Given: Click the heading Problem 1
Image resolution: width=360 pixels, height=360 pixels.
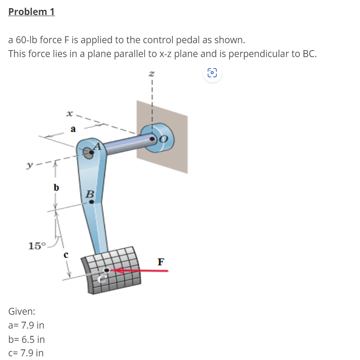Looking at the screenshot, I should [31, 12].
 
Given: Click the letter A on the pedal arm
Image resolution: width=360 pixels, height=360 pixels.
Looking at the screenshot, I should [98, 146].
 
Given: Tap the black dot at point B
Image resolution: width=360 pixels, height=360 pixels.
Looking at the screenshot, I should [91, 201].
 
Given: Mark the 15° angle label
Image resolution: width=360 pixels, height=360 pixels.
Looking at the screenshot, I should [37, 245].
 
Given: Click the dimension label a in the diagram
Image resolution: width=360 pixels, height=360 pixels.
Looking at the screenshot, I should [73, 129].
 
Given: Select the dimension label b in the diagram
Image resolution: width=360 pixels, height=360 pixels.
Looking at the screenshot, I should [56, 188].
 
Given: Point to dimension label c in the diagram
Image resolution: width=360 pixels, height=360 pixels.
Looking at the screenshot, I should [65, 256].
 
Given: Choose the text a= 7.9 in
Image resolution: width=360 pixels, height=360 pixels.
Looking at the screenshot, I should [26, 325].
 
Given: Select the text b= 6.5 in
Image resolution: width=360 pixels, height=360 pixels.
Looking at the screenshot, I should [27, 339].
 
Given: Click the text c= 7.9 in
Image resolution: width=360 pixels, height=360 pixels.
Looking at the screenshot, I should [26, 353].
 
